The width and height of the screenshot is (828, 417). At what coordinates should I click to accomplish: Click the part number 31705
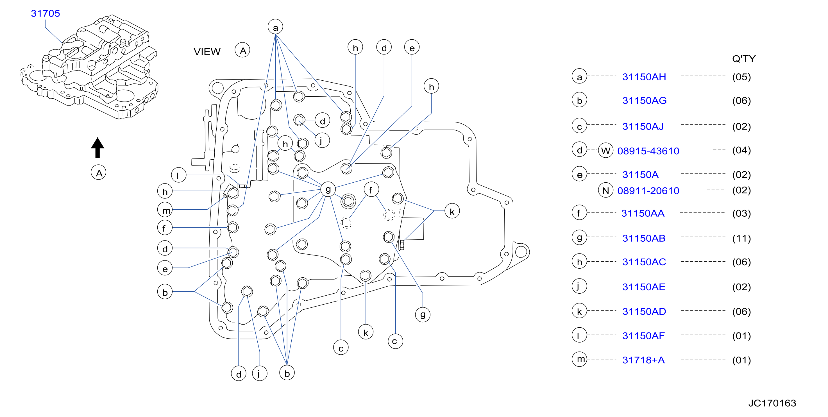coord(45,13)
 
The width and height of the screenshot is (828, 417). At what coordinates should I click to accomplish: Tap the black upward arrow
coord(97,148)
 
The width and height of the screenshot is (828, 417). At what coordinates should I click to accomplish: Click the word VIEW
coord(207,52)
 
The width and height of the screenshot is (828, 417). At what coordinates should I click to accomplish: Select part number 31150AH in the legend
coord(644,77)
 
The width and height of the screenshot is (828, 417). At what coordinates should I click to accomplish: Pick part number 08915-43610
coord(648,151)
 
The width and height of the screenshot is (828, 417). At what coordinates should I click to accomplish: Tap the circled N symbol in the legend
coord(605,191)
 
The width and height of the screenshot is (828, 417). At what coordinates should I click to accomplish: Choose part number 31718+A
coord(643,360)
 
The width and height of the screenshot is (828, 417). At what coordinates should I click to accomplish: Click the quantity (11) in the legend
coord(741,238)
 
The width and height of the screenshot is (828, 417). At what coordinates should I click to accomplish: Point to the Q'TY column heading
coord(744,58)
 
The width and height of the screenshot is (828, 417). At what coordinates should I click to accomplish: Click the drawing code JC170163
coord(772,403)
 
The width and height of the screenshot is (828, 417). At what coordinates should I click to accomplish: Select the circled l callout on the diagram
coord(179,175)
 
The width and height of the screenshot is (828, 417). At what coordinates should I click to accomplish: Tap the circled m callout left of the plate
coord(165,210)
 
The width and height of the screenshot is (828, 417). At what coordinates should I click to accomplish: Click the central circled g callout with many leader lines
coord(328,189)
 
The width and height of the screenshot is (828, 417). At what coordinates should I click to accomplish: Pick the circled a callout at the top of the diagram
coord(275,27)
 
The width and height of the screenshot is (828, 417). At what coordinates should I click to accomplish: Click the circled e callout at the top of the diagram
coord(412,47)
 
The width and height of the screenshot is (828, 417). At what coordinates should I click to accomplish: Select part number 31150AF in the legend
coord(643,336)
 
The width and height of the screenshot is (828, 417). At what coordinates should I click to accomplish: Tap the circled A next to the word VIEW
coord(243,51)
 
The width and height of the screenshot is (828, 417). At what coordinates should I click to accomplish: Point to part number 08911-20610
coord(648,191)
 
